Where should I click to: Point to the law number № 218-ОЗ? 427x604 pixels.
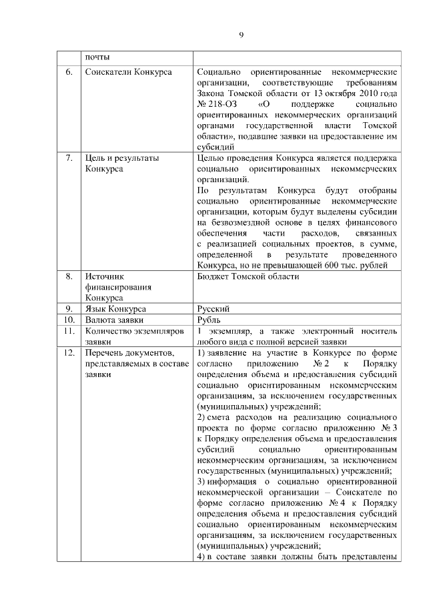pyautogui.click(x=214, y=105)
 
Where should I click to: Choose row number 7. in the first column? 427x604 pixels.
pyautogui.click(x=68, y=159)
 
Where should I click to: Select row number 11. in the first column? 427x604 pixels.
pyautogui.click(x=68, y=331)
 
